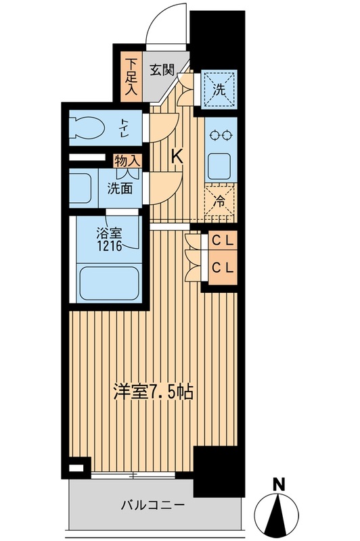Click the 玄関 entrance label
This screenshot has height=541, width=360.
pyautogui.click(x=162, y=70)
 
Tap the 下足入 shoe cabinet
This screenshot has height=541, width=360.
pyautogui.click(x=131, y=76)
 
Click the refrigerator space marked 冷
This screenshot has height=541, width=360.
pyautogui.click(x=220, y=202)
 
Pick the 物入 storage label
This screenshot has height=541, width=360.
pyautogui.click(x=128, y=161)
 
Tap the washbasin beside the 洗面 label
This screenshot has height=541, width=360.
pyautogui.click(x=82, y=189)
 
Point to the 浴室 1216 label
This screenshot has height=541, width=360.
pyautogui.click(x=108, y=241)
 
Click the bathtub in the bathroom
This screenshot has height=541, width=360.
pyautogui.click(x=108, y=283)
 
